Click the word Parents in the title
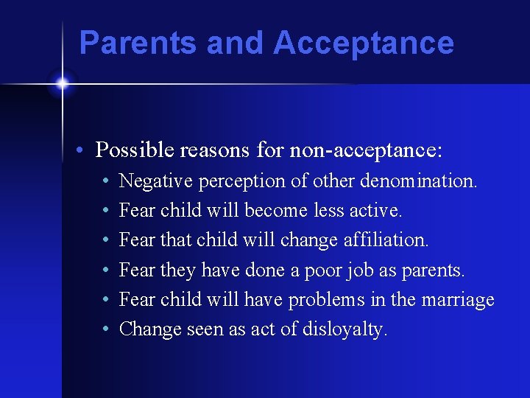point(138,43)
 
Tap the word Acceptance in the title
point(364,43)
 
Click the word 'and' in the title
point(236,43)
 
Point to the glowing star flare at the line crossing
point(62,83)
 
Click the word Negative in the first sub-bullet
point(152,181)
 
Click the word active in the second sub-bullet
point(378,211)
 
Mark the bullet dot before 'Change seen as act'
point(107,330)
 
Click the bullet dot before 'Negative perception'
point(107,181)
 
